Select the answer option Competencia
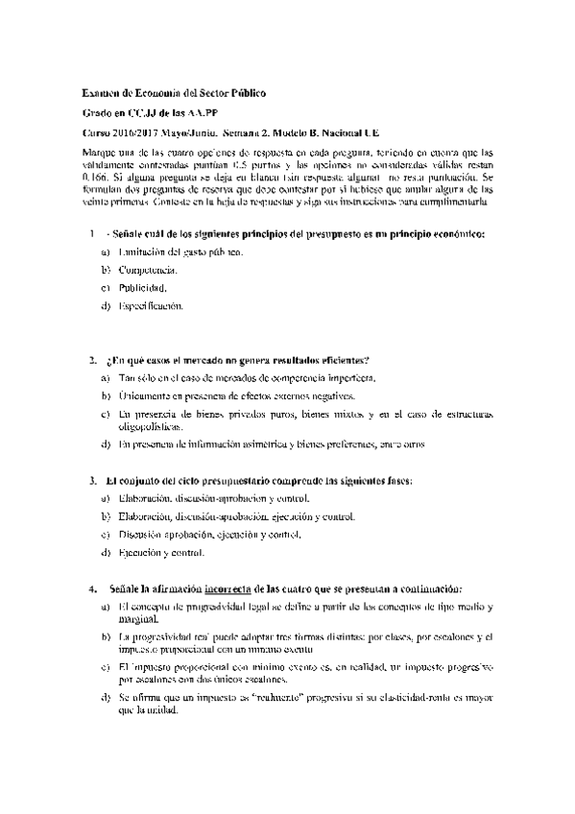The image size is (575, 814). tap(149, 270)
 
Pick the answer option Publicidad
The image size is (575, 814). tap(142, 288)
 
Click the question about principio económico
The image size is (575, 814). tap(299, 233)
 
